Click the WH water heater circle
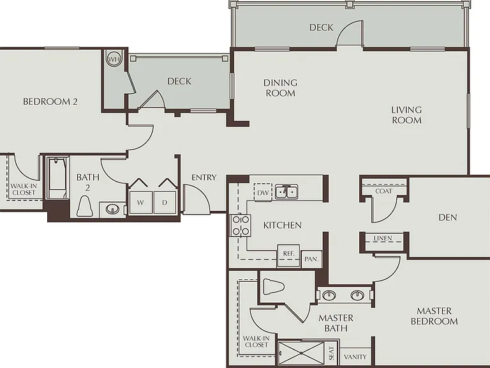[114, 59]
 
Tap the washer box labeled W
[140, 203]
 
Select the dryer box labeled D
[165, 203]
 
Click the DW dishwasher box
[263, 192]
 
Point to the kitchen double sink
[286, 192]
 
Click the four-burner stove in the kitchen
[241, 226]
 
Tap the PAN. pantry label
[311, 259]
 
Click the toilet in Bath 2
[84, 206]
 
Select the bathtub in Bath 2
[58, 178]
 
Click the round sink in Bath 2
[112, 209]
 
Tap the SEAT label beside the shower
[332, 353]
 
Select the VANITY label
[355, 356]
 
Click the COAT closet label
[383, 191]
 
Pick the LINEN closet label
[383, 238]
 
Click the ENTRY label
[204, 178]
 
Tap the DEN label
[448, 217]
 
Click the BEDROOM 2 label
[50, 102]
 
